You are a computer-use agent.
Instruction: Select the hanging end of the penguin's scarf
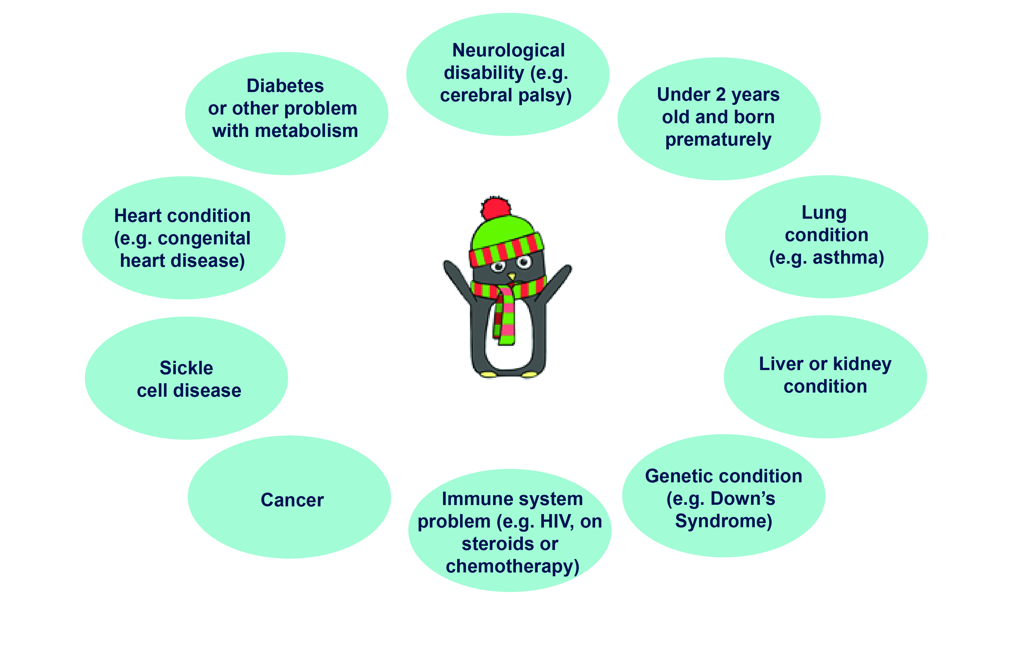coord(505,320)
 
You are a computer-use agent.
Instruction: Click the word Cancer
coord(292,500)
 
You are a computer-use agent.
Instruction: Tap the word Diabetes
coord(285,86)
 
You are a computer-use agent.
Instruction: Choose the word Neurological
coord(508,50)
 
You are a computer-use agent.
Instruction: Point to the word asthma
coord(848,258)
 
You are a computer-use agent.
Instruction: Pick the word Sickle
coord(186,368)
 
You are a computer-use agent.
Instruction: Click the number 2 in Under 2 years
coord(721,95)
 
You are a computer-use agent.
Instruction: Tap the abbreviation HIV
coord(556,521)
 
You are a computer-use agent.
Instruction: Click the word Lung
coord(824,213)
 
